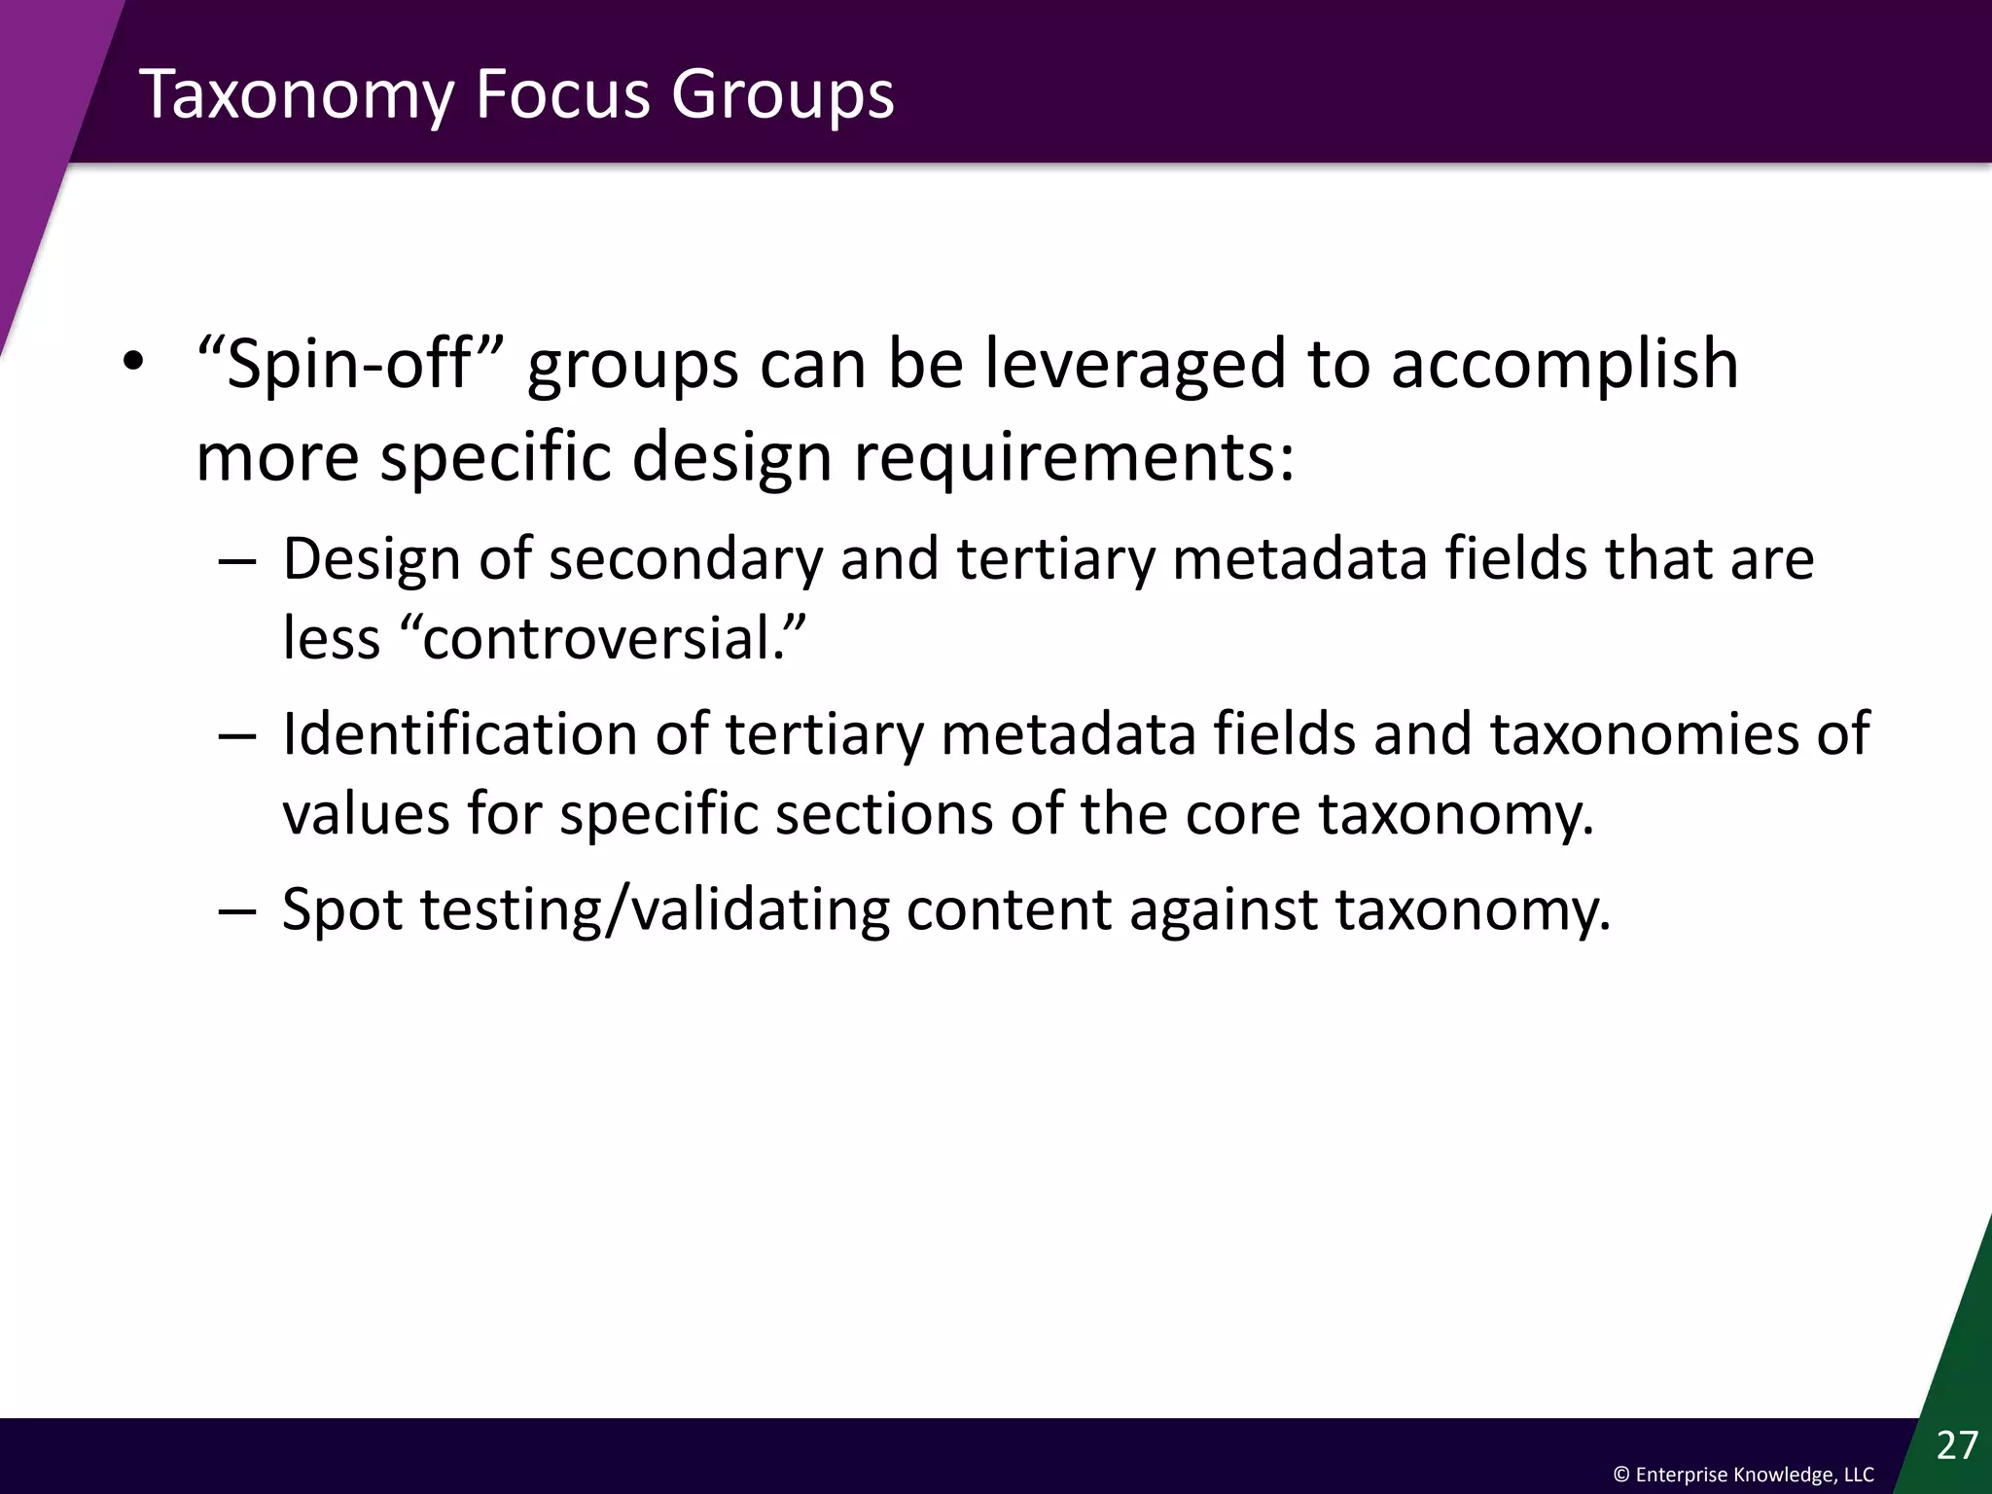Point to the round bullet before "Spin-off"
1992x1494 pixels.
click(x=132, y=363)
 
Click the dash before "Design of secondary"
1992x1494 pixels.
click(x=238, y=561)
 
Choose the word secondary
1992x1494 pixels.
click(x=686, y=561)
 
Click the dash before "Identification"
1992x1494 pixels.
click(x=238, y=735)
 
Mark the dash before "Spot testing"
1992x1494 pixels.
click(x=238, y=911)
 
